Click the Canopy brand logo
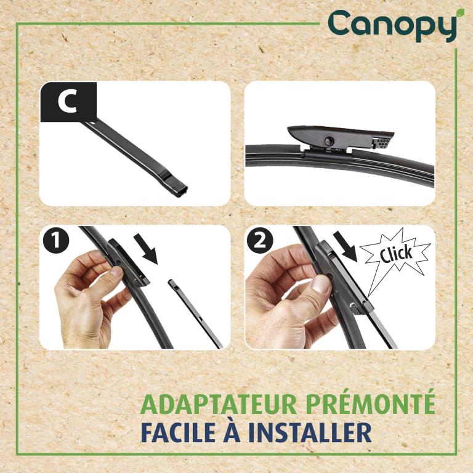[392, 26]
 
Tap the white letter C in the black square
[67, 102]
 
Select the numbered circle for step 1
[56, 241]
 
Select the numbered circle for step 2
[260, 241]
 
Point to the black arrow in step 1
[147, 248]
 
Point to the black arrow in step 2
[346, 246]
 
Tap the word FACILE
[176, 432]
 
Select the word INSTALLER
[310, 432]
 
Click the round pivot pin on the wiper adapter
[328, 140]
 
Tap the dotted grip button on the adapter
[382, 143]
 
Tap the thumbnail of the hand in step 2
[320, 284]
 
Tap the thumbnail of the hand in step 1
[116, 272]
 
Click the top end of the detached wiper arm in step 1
[171, 281]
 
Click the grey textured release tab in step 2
[356, 310]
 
